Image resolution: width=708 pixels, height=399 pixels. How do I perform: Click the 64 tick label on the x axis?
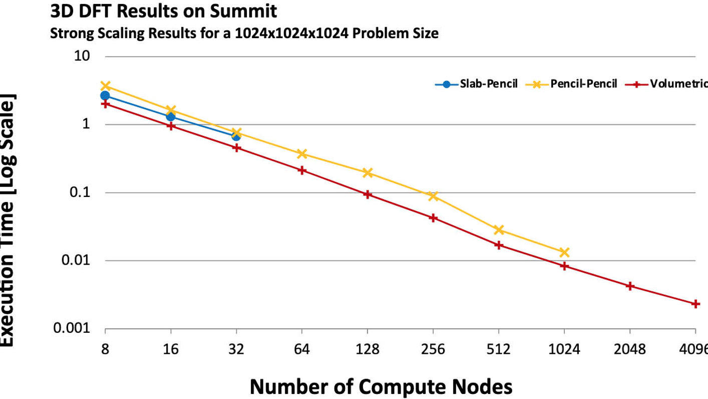pos(302,349)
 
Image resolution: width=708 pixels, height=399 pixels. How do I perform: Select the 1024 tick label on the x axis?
pos(564,349)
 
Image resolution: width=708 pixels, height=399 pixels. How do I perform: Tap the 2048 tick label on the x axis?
pos(629,349)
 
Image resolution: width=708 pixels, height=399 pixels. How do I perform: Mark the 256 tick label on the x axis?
pos(433,349)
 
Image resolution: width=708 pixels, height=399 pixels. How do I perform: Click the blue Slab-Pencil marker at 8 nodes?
pos(105,95)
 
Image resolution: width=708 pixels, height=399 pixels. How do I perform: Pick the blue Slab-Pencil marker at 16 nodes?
pos(171,117)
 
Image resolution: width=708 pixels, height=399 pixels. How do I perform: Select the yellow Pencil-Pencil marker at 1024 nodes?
pos(564,252)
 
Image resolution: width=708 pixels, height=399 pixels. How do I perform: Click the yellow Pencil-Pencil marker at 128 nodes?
pos(368,172)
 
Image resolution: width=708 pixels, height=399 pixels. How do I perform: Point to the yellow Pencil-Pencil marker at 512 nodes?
pos(499,230)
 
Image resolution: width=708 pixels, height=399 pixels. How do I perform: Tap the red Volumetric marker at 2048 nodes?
pos(630,286)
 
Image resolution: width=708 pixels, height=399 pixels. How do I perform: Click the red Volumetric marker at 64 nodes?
pos(302,170)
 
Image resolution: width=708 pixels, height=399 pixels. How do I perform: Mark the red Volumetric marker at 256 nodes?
pos(433,218)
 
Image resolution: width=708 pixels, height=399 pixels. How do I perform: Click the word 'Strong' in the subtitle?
pos(66,34)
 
